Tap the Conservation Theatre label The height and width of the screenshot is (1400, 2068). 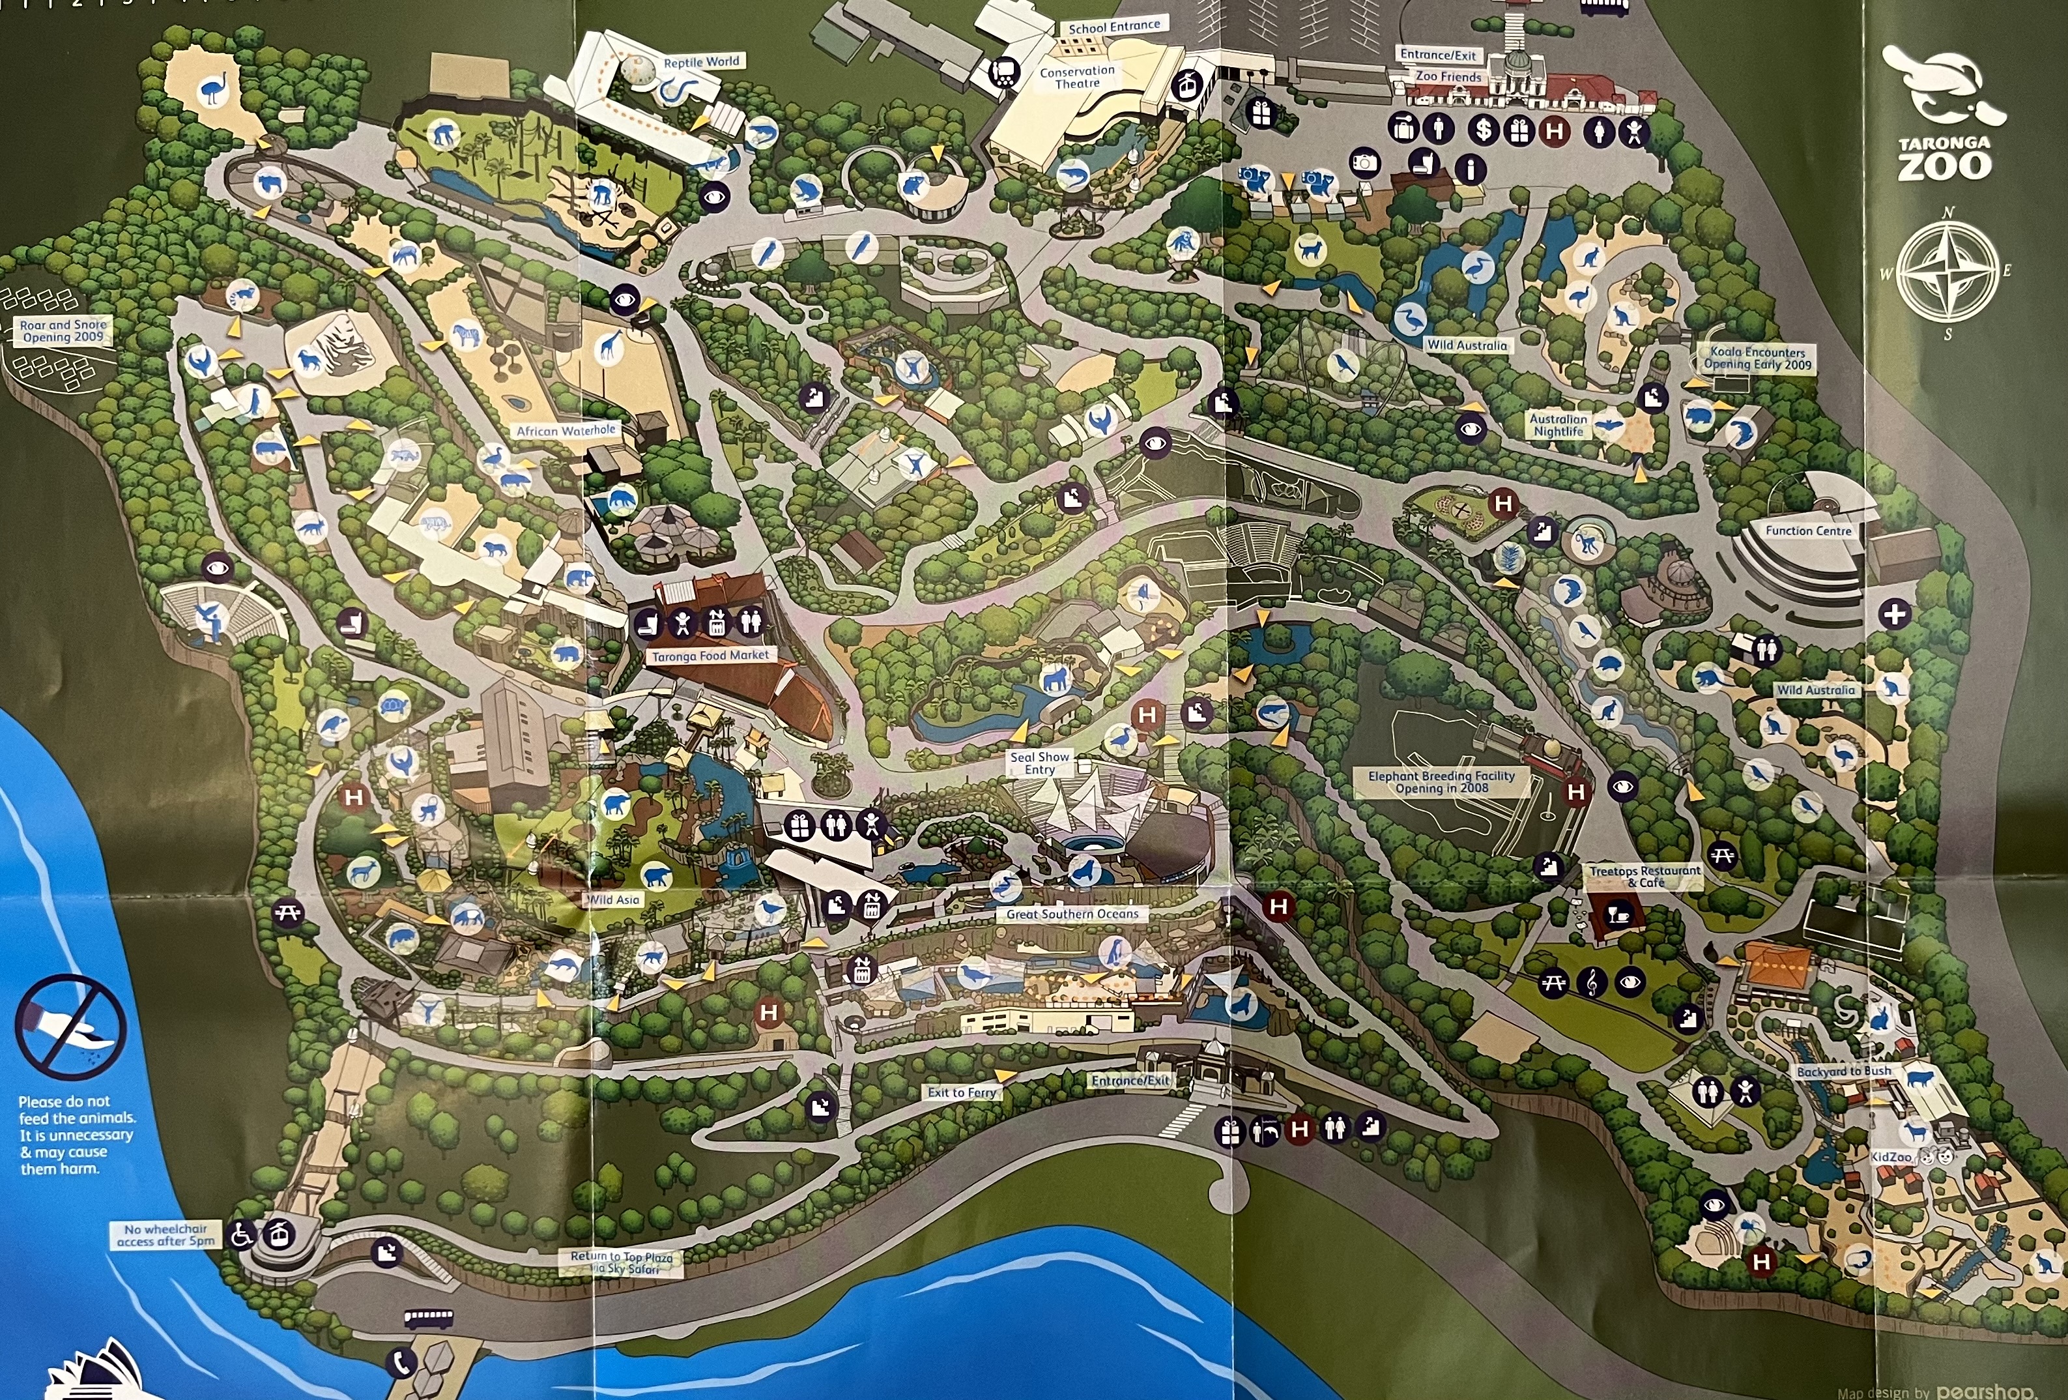tap(1077, 76)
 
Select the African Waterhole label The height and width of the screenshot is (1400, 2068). tap(566, 431)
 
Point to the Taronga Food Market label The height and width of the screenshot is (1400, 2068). tap(710, 656)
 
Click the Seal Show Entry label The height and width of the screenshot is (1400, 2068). tap(1039, 763)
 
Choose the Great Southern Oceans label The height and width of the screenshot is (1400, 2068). tap(1072, 914)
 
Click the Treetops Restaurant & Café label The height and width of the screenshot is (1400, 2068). tap(1644, 876)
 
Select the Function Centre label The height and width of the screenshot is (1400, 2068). tap(1808, 531)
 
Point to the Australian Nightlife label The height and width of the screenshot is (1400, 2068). tap(1557, 424)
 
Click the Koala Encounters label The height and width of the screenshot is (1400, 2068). tap(1757, 358)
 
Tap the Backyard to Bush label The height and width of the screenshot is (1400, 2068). tap(1844, 1072)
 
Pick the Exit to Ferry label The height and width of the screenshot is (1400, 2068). tap(961, 1092)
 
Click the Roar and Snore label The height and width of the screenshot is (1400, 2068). tap(63, 331)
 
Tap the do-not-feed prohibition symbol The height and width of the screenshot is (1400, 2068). tap(71, 1026)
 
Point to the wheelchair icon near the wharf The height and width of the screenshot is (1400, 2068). tap(241, 1234)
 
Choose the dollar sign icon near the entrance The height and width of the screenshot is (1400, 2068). tap(1482, 130)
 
